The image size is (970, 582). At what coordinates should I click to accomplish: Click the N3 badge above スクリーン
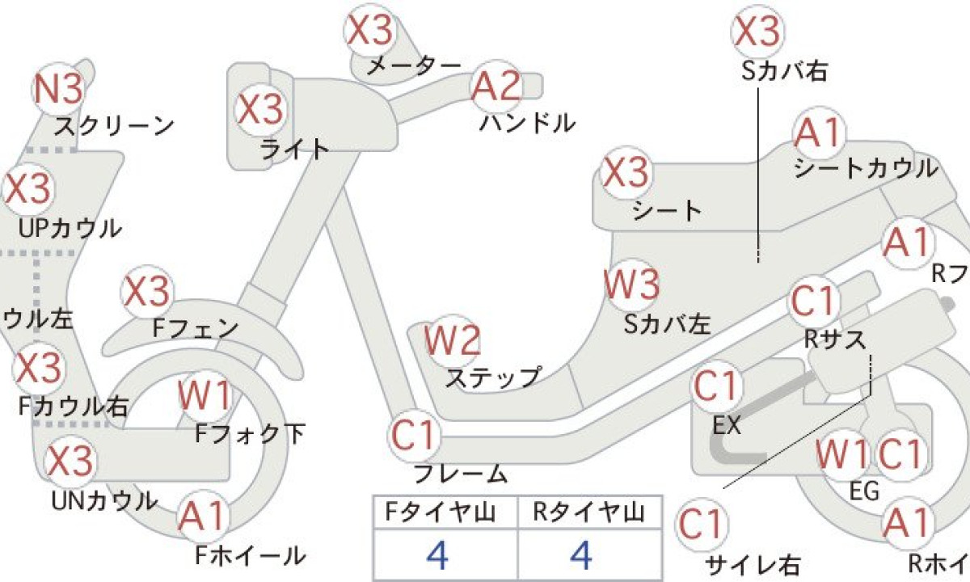pyautogui.click(x=58, y=89)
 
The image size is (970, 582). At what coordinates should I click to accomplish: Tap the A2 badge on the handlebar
pyautogui.click(x=496, y=86)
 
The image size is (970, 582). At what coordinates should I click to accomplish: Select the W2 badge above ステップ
pyautogui.click(x=453, y=341)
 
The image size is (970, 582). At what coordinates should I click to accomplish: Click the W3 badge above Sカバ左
pyautogui.click(x=633, y=285)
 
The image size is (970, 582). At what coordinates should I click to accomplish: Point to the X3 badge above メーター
pyautogui.click(x=370, y=31)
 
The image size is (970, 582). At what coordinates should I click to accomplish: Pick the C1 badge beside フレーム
pyautogui.click(x=414, y=435)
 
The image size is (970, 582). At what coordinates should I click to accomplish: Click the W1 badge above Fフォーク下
pyautogui.click(x=205, y=396)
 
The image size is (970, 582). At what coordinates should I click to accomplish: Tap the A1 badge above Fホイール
pyautogui.click(x=202, y=516)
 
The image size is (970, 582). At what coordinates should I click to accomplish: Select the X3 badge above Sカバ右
pyautogui.click(x=757, y=32)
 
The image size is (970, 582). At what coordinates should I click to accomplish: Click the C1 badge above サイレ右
pyautogui.click(x=701, y=525)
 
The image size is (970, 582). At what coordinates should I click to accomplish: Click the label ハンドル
pyautogui.click(x=528, y=124)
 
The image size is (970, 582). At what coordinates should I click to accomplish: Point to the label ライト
pyautogui.click(x=294, y=150)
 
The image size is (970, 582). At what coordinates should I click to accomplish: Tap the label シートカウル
pyautogui.click(x=866, y=169)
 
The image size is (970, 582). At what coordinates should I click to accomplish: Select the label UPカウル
pyautogui.click(x=70, y=228)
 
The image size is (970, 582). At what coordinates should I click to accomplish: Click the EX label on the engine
pyautogui.click(x=727, y=425)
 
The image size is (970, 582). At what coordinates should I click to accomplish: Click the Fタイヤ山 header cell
pyautogui.click(x=440, y=512)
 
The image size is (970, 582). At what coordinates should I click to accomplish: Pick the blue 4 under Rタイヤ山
pyautogui.click(x=580, y=555)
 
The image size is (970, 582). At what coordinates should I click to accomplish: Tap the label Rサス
pyautogui.click(x=835, y=340)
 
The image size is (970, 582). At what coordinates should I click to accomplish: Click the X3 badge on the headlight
pyautogui.click(x=260, y=110)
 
